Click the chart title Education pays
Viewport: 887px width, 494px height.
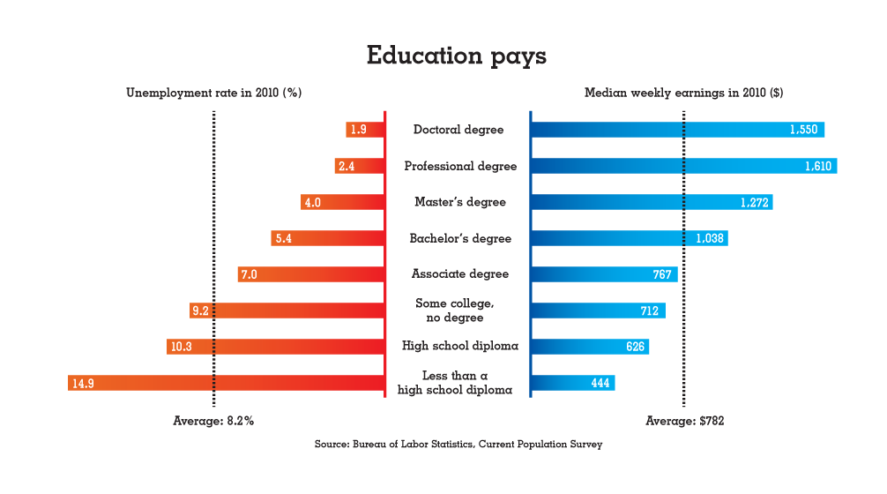(457, 56)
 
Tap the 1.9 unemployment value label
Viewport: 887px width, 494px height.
(358, 130)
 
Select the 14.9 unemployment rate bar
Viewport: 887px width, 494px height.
(227, 383)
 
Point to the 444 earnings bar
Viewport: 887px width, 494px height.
(571, 383)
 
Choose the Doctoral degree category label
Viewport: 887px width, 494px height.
(458, 130)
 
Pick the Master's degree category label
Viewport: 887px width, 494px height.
(460, 202)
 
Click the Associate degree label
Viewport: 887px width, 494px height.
(460, 274)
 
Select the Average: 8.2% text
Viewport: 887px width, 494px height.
(213, 421)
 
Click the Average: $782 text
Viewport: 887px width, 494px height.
(685, 421)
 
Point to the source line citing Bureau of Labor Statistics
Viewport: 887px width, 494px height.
(458, 445)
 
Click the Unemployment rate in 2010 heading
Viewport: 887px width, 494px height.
(214, 93)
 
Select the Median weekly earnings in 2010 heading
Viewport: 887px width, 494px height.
(684, 93)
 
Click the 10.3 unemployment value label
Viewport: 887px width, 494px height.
(182, 347)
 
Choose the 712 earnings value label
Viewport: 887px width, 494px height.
(650, 311)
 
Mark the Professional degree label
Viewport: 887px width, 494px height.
(460, 166)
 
